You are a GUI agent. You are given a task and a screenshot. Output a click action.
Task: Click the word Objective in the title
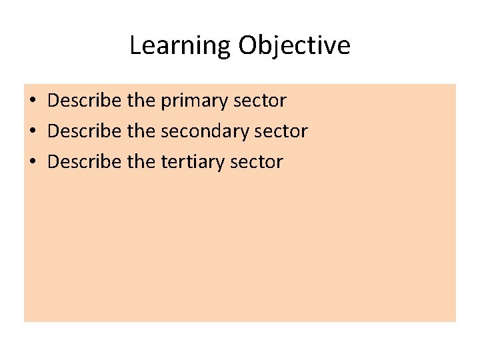pos(294,46)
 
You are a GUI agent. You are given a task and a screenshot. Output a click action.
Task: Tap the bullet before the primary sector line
pos(32,101)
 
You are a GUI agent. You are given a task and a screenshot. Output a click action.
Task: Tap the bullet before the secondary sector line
pos(32,132)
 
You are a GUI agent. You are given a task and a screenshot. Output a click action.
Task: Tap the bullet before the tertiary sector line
pos(32,162)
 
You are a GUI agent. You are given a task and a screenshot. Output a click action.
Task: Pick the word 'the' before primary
pos(141,101)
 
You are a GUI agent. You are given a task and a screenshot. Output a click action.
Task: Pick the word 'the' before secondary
pos(141,131)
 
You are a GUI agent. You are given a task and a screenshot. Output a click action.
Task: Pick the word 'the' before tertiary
pos(141,162)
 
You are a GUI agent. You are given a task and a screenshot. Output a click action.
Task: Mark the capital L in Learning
pos(135,45)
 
